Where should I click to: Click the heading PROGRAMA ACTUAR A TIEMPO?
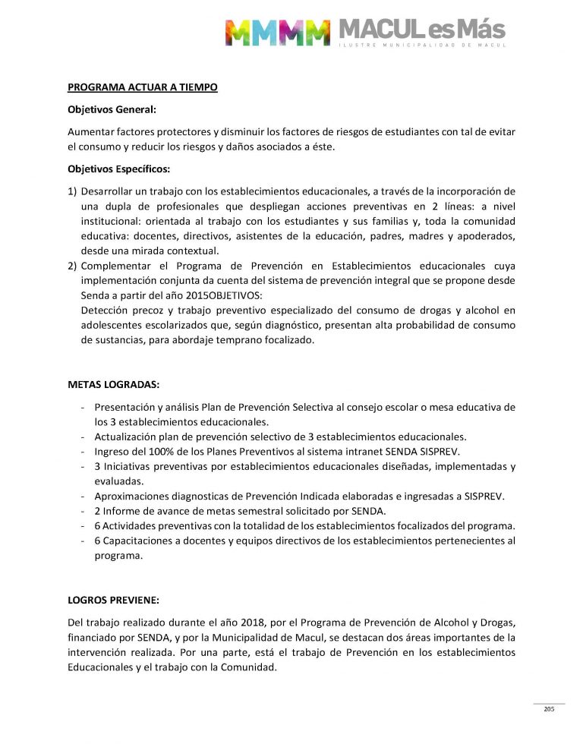(x=143, y=87)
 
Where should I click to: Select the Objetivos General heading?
(x=112, y=109)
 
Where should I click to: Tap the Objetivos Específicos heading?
(x=118, y=168)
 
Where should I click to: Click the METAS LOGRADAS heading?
(x=114, y=384)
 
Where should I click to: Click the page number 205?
(x=549, y=709)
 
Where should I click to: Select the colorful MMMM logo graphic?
(x=278, y=32)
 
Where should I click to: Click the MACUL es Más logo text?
(x=421, y=29)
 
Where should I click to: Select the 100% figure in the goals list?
(x=150, y=451)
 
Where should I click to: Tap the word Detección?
(x=105, y=311)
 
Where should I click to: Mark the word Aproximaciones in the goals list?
(x=134, y=497)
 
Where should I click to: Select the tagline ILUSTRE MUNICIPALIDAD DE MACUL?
(x=421, y=46)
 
